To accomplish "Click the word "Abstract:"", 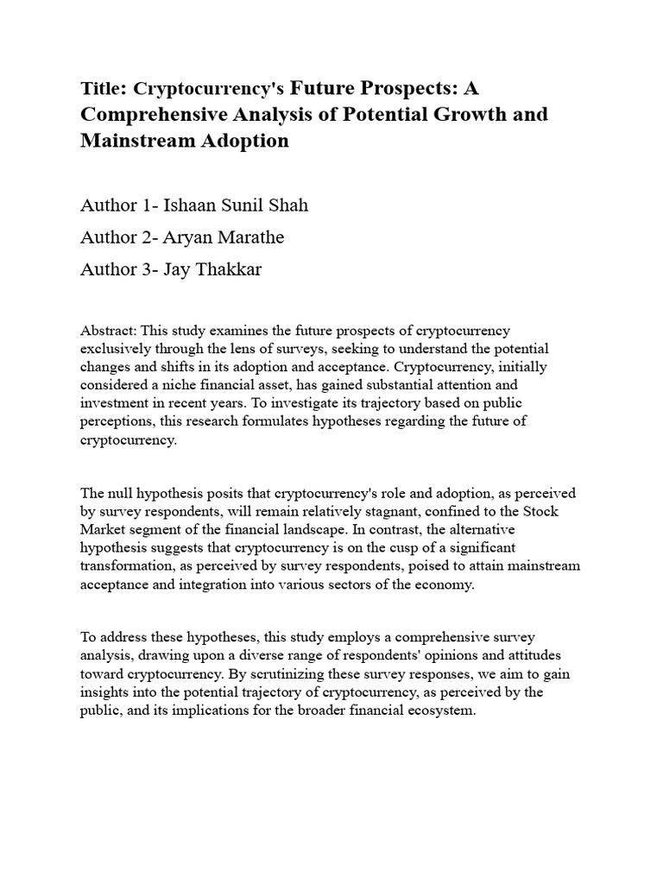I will pos(108,331).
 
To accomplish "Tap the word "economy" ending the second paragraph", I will pos(449,584).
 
